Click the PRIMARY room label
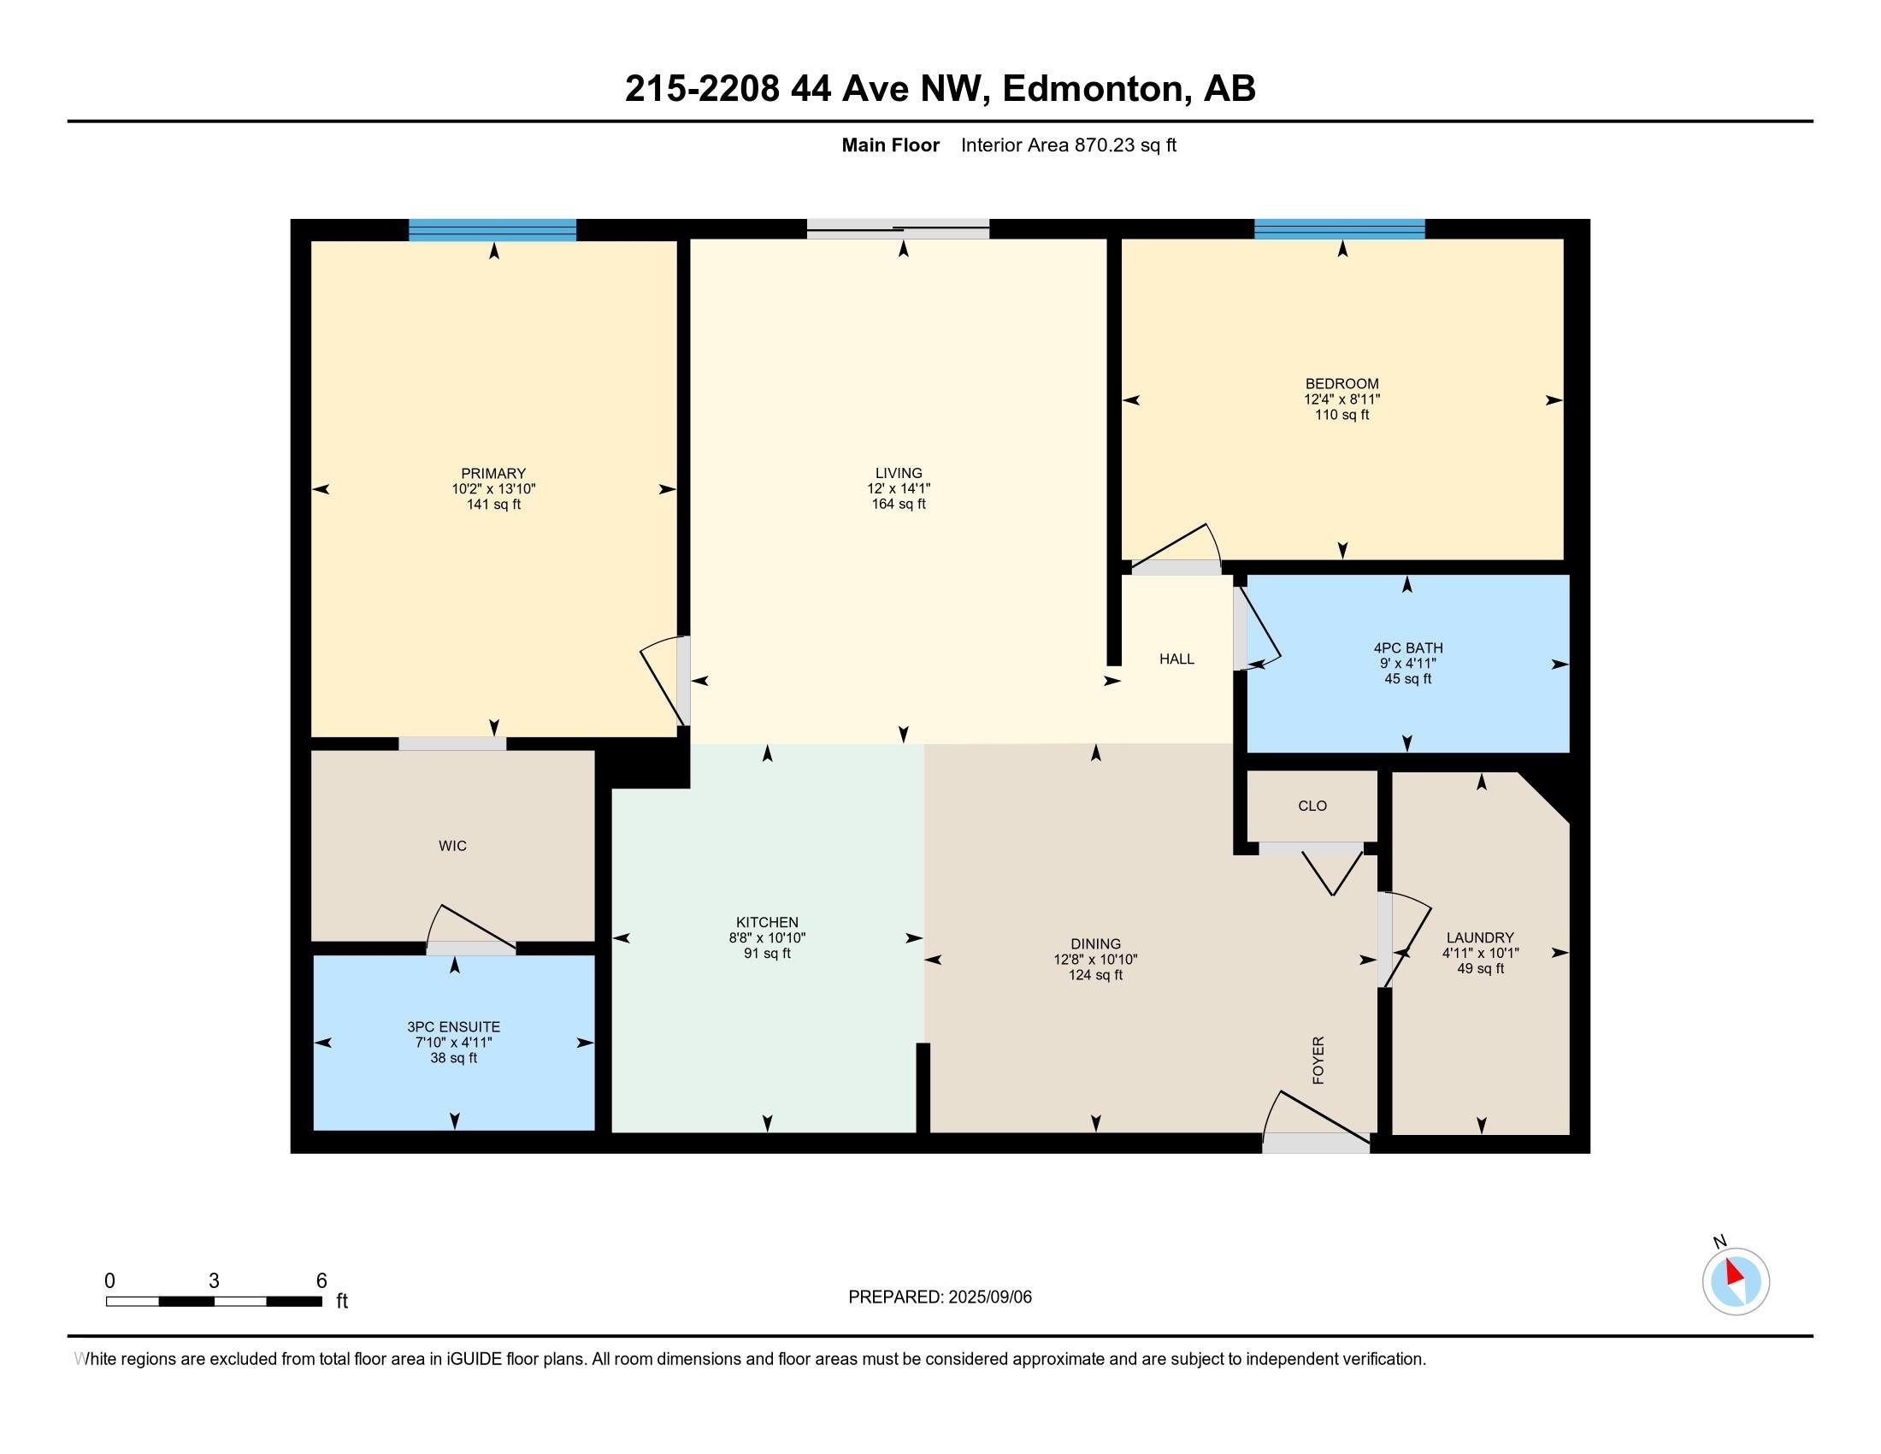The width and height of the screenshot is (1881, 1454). [x=492, y=473]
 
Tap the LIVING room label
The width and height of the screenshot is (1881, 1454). [x=899, y=473]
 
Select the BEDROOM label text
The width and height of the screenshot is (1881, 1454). [x=1341, y=384]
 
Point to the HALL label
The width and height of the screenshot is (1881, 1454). [x=1176, y=659]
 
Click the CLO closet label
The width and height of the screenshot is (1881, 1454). [x=1312, y=807]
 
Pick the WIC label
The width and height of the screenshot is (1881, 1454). [x=452, y=846]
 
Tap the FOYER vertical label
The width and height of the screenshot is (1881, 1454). [x=1318, y=1060]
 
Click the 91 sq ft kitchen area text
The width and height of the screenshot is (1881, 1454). [x=768, y=954]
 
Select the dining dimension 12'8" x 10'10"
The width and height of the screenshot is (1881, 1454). [x=1095, y=960]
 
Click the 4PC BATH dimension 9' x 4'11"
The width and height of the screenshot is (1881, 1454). [x=1408, y=663]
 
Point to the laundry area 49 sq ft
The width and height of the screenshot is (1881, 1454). [x=1481, y=968]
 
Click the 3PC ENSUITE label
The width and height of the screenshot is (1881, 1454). [x=454, y=1026]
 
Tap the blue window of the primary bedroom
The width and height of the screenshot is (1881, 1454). [x=492, y=229]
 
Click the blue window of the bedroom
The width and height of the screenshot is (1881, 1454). [x=1339, y=228]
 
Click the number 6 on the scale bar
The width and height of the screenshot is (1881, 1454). [x=321, y=1281]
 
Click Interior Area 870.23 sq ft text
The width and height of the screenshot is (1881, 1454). [x=1068, y=145]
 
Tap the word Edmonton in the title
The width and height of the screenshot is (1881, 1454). [x=1092, y=89]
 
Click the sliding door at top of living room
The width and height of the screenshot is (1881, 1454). [x=899, y=229]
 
